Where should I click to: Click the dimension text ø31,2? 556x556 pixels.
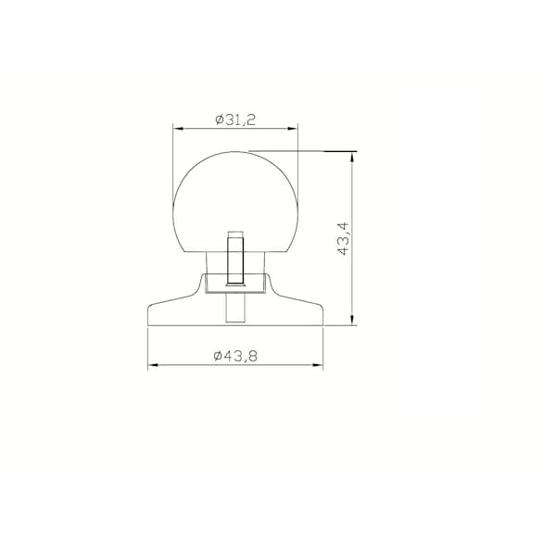[235, 120]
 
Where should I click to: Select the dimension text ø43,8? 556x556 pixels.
[235, 356]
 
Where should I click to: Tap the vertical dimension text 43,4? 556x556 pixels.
[344, 239]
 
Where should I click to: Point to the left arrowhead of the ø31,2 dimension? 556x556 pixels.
[178, 129]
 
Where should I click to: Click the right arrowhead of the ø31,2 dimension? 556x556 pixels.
[293, 129]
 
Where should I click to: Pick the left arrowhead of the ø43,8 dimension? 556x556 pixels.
[153, 365]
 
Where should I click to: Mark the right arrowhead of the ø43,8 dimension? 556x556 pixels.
[318, 365]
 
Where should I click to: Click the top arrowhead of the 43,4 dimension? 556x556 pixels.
[352, 157]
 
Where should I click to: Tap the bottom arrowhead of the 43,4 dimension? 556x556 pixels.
[352, 321]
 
